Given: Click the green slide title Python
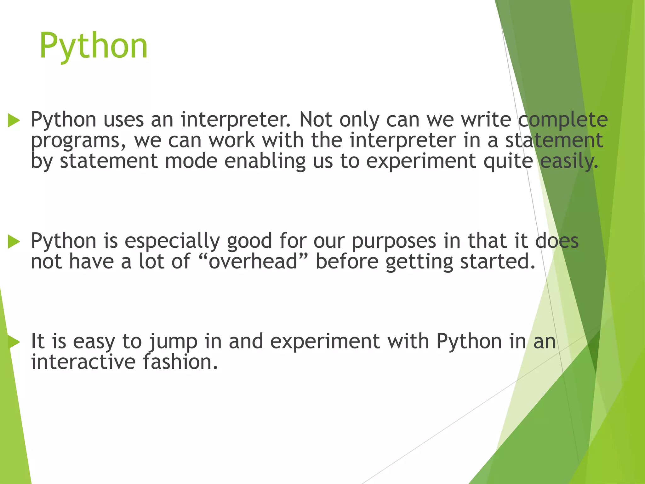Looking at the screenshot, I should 94,46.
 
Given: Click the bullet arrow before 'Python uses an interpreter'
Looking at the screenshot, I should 14,121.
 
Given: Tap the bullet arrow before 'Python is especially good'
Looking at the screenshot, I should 14,242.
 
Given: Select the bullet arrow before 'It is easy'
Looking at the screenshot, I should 14,342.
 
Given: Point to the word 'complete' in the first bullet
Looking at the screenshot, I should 563,120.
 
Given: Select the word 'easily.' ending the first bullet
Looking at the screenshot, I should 569,162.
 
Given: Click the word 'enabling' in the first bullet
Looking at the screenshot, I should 265,162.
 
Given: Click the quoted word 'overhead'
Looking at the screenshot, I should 253,262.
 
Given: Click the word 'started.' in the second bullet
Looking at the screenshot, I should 498,262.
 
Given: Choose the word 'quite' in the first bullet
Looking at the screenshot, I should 508,162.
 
